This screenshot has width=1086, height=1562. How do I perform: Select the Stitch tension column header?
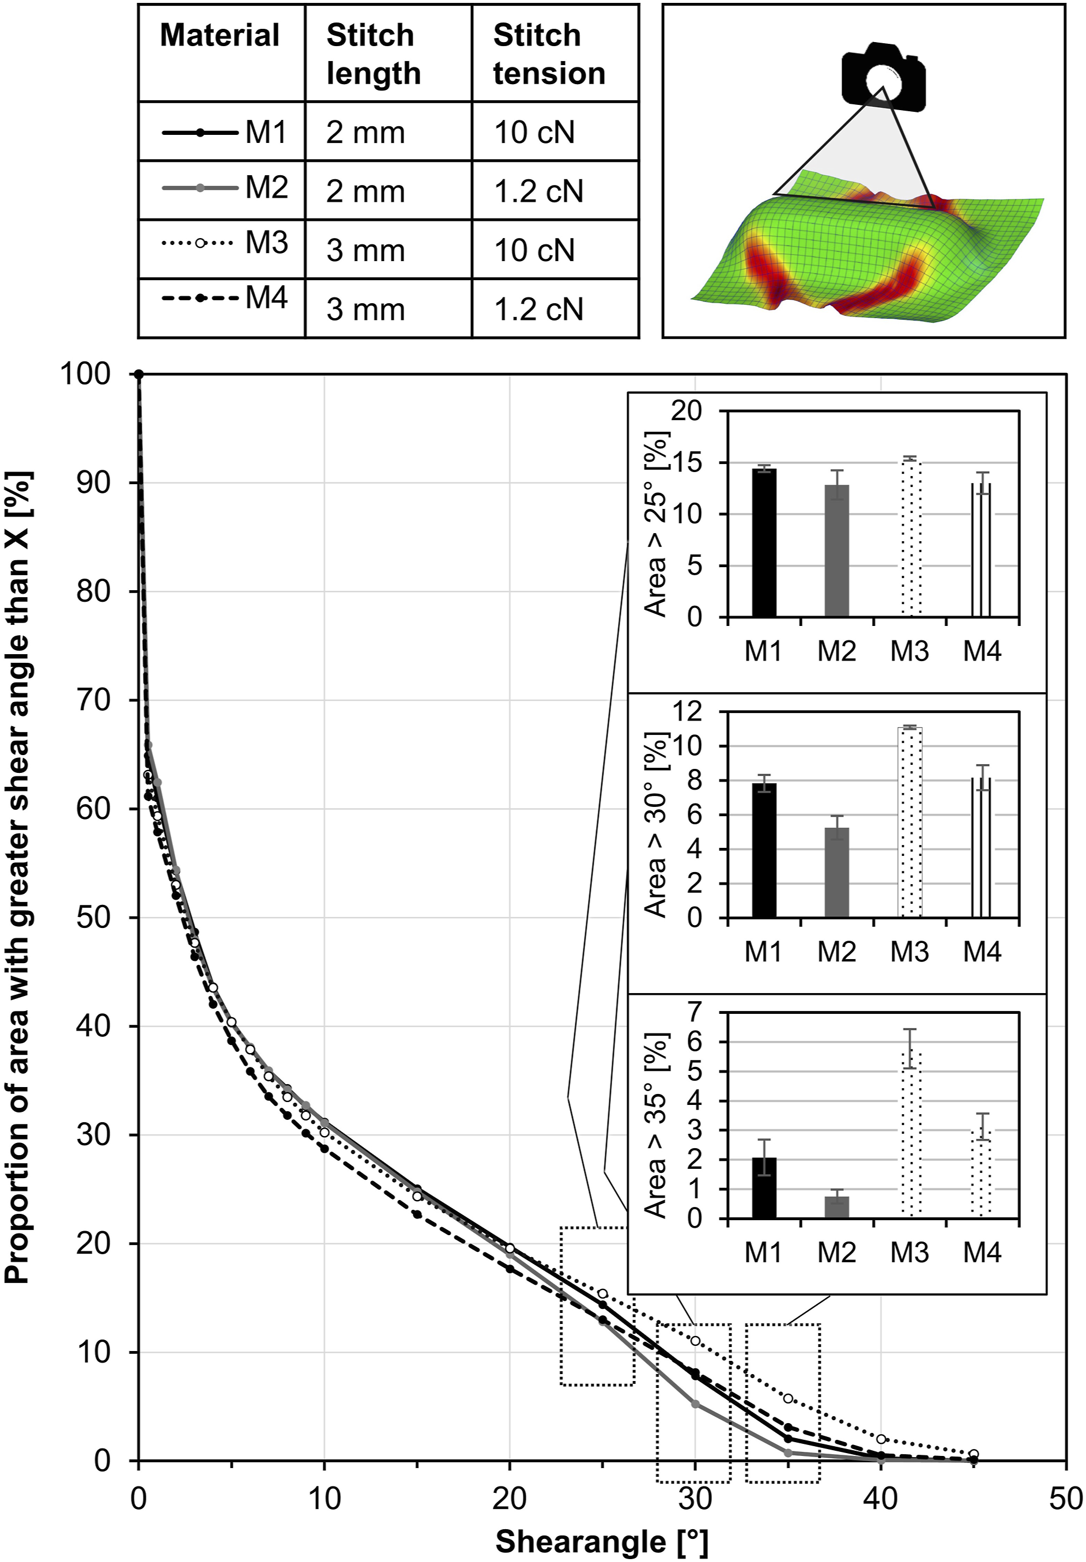[549, 54]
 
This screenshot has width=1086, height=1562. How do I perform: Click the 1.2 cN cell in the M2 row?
[538, 192]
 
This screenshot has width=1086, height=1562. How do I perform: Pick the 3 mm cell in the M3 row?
[365, 250]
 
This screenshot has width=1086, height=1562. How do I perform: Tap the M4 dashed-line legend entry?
[225, 297]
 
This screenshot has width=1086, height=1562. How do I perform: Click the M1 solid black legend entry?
[225, 132]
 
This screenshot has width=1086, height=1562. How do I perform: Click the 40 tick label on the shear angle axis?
[881, 1497]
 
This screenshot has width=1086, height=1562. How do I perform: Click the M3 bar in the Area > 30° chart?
[910, 822]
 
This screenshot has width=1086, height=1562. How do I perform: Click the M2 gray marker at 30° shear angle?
[695, 1404]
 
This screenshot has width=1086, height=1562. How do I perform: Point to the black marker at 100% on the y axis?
[139, 374]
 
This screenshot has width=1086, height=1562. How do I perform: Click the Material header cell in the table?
[220, 35]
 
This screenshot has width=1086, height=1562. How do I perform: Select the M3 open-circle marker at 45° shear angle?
[974, 1453]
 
